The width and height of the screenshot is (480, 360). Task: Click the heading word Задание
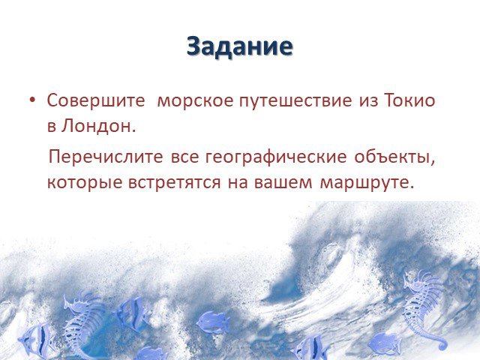[240, 46]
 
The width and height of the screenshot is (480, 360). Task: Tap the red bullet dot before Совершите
[33, 100]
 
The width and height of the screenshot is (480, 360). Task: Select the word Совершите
[96, 100]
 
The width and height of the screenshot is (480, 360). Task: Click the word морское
[195, 101]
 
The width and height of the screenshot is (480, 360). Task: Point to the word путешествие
[295, 101]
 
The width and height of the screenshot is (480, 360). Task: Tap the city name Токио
[409, 100]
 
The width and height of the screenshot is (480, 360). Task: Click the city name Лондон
[97, 126]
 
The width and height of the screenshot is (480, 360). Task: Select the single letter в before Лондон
[52, 127]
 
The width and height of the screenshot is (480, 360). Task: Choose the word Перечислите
[106, 157]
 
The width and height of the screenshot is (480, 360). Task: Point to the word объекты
[394, 157]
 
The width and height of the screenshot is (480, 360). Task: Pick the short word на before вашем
[238, 183]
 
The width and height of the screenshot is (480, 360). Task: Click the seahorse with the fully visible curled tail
[423, 309]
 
